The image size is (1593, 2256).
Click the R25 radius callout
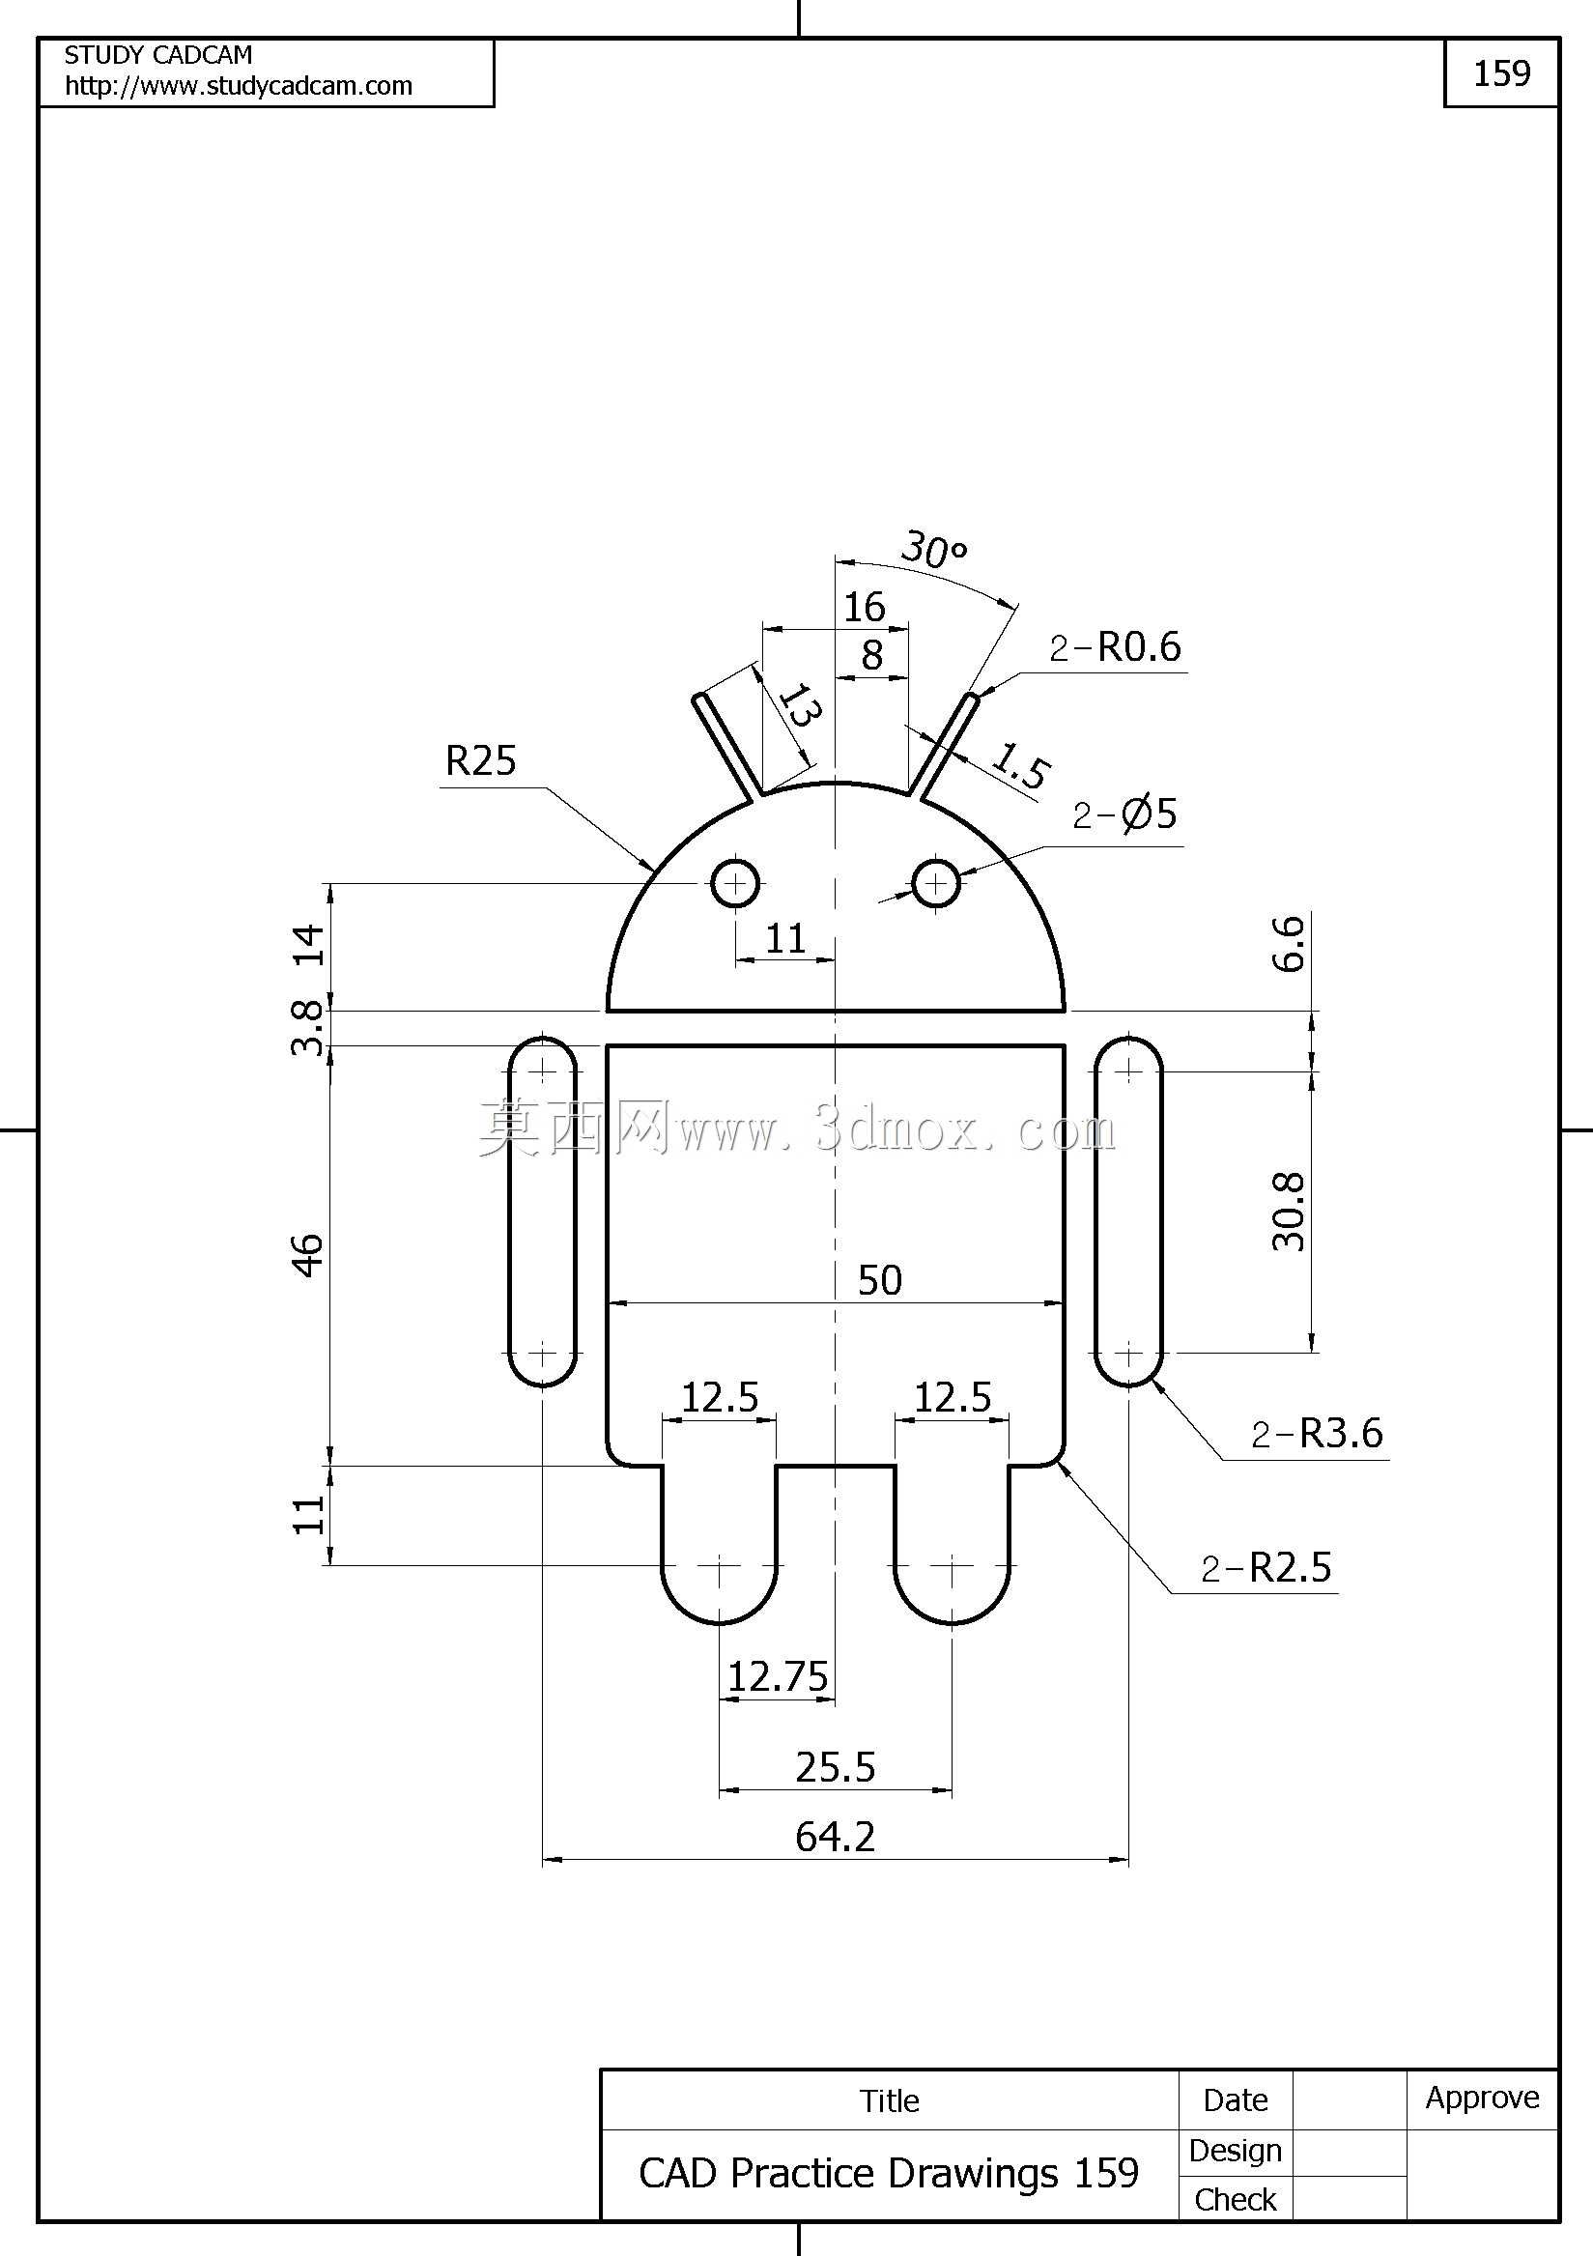pyautogui.click(x=480, y=760)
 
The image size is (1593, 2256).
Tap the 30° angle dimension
pyautogui.click(x=933, y=551)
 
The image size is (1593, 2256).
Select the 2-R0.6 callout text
pyautogui.click(x=1116, y=646)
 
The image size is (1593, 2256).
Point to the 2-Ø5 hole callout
pyautogui.click(x=1124, y=814)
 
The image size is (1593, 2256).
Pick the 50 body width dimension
pyautogui.click(x=879, y=1280)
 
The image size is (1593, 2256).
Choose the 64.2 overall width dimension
pyautogui.click(x=836, y=1837)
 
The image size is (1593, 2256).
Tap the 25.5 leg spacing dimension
pyautogui.click(x=836, y=1768)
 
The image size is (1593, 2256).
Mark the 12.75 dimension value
pyautogui.click(x=778, y=1676)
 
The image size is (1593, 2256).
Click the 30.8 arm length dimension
pyautogui.click(x=1289, y=1212)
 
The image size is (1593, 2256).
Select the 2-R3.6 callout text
pyautogui.click(x=1318, y=1434)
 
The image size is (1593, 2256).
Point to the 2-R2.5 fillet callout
pyautogui.click(x=1266, y=1567)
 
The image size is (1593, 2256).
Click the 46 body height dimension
pyautogui.click(x=307, y=1256)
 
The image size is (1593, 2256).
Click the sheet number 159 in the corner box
pyautogui.click(x=1501, y=72)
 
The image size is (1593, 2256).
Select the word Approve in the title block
pyautogui.click(x=1482, y=2098)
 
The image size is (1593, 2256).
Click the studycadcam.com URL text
pyautogui.click(x=239, y=86)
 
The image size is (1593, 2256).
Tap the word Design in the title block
pyautogui.click(x=1236, y=2151)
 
